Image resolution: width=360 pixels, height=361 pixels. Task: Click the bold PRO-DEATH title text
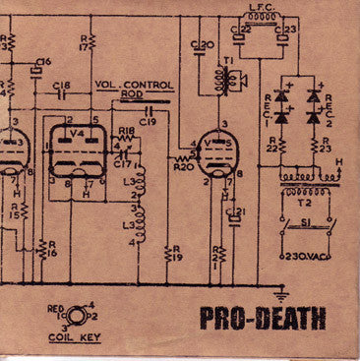(271, 319)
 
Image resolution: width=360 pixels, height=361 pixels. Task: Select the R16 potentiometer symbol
(41, 248)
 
